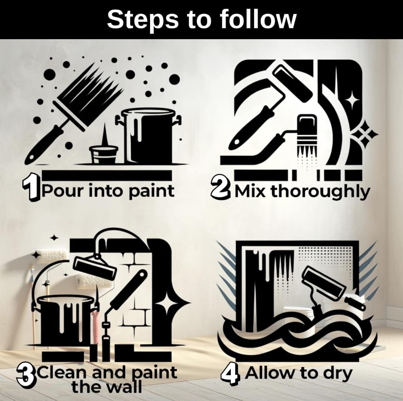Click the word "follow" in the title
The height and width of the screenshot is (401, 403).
pyautogui.click(x=258, y=19)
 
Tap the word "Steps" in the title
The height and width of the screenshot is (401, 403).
pyautogui.click(x=143, y=20)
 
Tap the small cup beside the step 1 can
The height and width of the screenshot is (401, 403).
pyautogui.click(x=103, y=154)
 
